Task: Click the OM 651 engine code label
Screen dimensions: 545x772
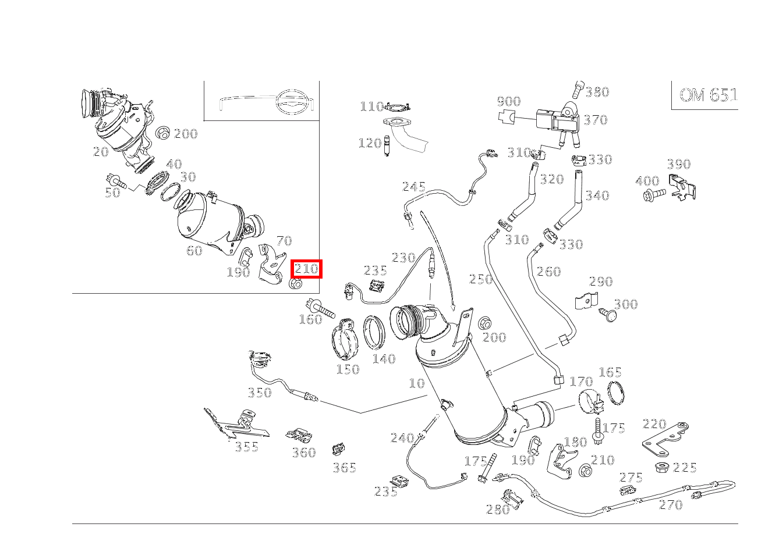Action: tap(708, 95)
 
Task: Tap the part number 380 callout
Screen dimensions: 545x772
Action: tap(597, 92)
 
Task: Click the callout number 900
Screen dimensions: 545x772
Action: tap(508, 102)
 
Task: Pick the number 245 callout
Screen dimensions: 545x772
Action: tap(413, 187)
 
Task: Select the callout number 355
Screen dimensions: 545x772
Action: tap(246, 447)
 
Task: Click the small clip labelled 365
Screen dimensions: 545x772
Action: tap(338, 449)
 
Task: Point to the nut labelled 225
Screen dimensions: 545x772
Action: tap(661, 467)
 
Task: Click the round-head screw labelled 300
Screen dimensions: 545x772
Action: tap(608, 315)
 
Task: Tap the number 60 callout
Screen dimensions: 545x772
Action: tap(194, 251)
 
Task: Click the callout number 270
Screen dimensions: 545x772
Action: tap(670, 505)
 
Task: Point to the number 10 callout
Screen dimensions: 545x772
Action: tap(416, 383)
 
